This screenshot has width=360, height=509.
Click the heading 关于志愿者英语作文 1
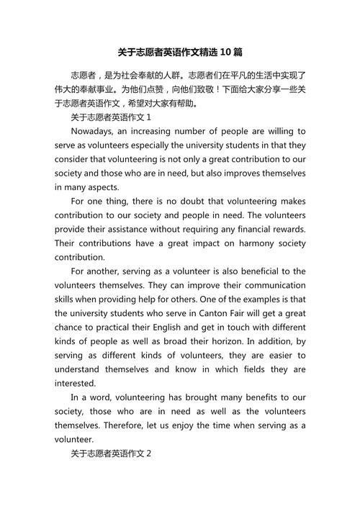tap(111, 117)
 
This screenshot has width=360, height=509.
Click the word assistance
tap(132, 229)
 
